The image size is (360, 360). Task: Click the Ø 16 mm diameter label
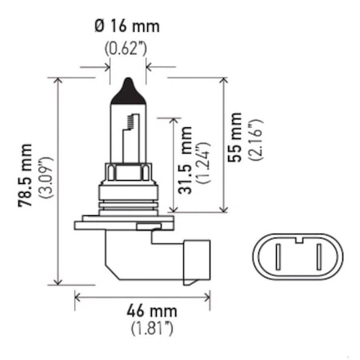pyautogui.click(x=127, y=26)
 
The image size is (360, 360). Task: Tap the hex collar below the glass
pyautogui.click(x=128, y=171)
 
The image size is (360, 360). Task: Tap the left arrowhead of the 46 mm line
pyautogui.click(x=78, y=295)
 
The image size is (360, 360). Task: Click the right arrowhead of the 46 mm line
pyautogui.click(x=206, y=295)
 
